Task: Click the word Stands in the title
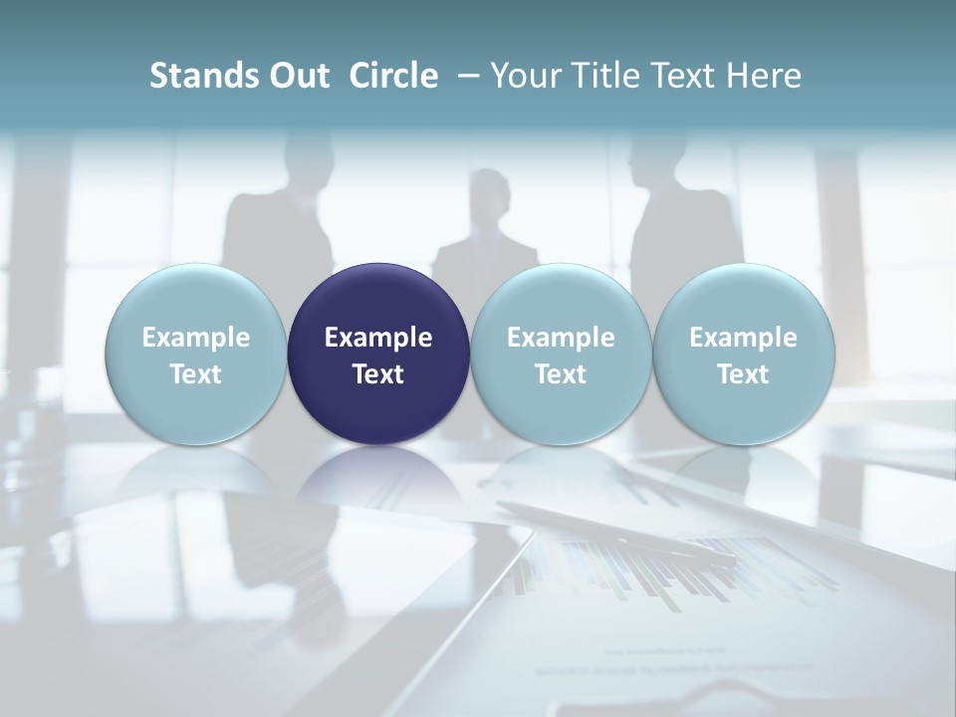pos(195,76)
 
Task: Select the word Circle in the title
pos(393,76)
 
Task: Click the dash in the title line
pos(466,76)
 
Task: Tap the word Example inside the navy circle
pos(378,338)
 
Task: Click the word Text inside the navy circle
pos(378,374)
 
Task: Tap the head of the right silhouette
pos(657,159)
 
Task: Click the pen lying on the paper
pos(617,534)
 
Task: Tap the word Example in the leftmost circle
pos(195,338)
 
